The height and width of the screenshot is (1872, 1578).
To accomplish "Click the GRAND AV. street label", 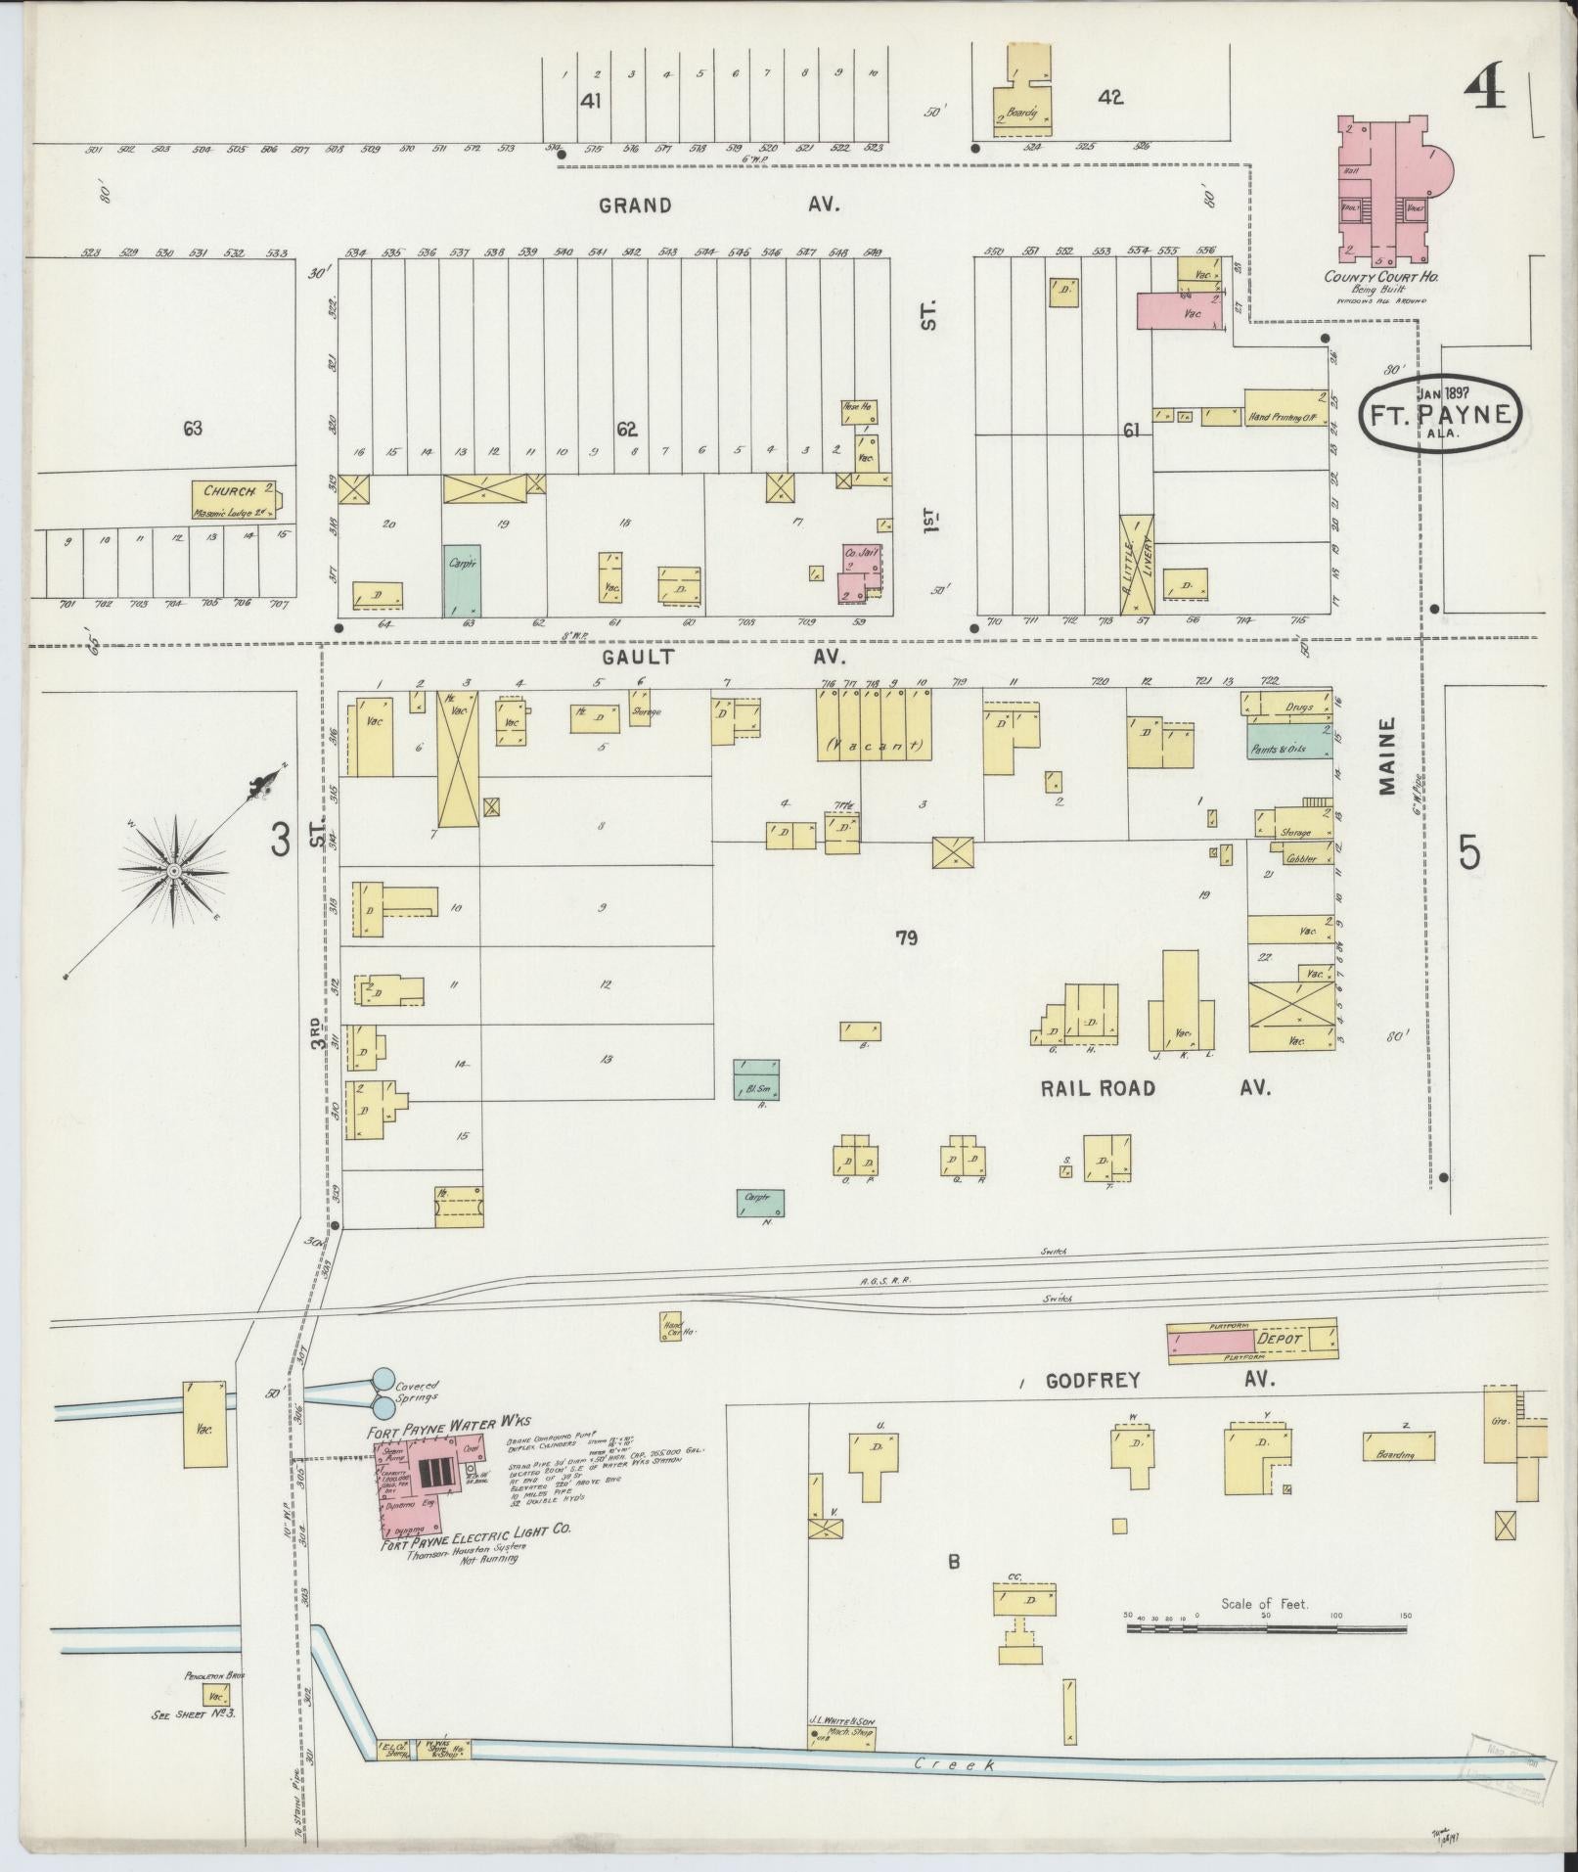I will tap(718, 205).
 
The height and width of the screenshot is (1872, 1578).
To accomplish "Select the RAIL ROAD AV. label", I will tap(1154, 1088).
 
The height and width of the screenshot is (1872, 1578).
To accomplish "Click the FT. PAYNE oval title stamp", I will tap(1438, 414).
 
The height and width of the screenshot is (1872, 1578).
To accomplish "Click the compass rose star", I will tap(173, 870).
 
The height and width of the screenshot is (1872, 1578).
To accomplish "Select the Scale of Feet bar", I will tap(1266, 1629).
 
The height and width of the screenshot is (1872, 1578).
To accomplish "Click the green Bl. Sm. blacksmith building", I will tap(756, 1079).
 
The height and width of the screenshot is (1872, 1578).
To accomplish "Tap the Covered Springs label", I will tap(417, 1392).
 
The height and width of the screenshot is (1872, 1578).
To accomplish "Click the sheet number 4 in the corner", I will tap(1485, 92).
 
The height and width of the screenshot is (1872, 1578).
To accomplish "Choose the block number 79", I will tap(906, 938).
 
